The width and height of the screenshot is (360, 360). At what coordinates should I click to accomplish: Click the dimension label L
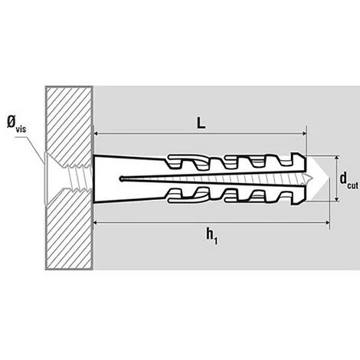tap(201, 124)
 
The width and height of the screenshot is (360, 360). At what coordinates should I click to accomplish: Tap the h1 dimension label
tap(212, 237)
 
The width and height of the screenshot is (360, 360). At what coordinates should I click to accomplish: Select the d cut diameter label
tap(349, 181)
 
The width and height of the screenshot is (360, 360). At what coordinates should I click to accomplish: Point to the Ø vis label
tap(16, 124)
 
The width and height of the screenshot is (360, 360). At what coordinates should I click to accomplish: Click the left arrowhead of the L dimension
tap(97, 133)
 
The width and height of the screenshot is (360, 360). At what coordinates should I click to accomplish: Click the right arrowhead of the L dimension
tap(303, 133)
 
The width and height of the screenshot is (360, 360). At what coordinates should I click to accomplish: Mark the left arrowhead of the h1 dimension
tap(96, 223)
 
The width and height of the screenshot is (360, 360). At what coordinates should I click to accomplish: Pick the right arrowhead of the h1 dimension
tap(327, 223)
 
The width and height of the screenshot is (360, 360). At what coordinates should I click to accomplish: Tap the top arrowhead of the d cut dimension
tap(337, 159)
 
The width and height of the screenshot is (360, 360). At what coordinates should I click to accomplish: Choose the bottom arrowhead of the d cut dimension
tap(337, 198)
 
